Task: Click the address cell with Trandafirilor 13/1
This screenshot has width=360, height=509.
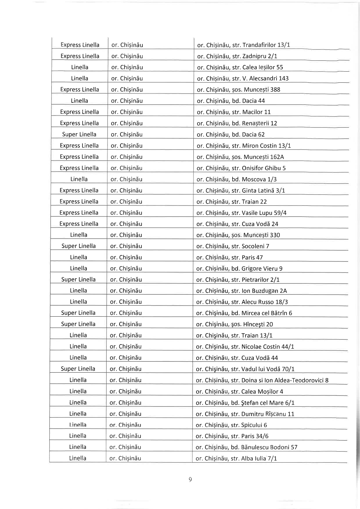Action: (244, 45)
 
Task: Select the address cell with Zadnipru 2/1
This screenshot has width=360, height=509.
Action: (235, 56)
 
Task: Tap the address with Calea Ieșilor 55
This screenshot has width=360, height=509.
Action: (240, 67)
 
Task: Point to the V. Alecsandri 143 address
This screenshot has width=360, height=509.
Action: (243, 78)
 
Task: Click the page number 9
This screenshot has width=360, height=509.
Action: (190, 480)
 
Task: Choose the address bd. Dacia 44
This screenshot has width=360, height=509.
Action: (231, 101)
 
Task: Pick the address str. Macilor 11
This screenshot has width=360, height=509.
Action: (234, 112)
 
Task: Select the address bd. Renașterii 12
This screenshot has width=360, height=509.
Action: (237, 123)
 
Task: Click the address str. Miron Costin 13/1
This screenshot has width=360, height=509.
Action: (244, 146)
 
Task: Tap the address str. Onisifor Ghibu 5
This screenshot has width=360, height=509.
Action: (241, 168)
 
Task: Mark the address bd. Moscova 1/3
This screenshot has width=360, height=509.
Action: (237, 179)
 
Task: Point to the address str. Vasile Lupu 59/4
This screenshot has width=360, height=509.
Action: (241, 213)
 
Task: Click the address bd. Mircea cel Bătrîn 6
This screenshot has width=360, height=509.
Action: (244, 313)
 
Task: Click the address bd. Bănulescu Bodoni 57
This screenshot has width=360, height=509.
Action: (246, 447)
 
